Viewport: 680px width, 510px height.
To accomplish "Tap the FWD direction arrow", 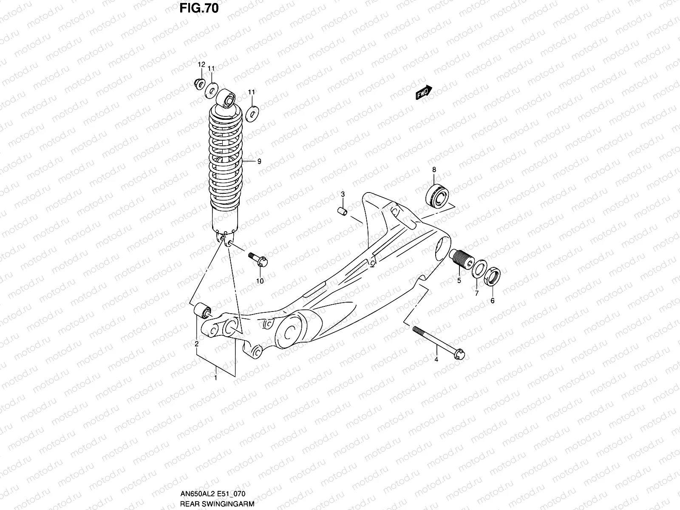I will (x=424, y=93).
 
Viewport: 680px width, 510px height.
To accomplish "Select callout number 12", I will (x=201, y=65).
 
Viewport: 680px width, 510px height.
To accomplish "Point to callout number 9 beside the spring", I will (x=259, y=161).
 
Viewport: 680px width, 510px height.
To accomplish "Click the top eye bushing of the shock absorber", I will (x=226, y=99).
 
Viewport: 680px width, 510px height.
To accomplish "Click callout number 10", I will (x=260, y=281).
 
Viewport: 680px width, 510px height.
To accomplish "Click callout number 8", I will (x=434, y=170).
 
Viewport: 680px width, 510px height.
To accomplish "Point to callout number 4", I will (x=436, y=360).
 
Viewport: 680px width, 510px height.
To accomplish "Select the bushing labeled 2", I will (x=202, y=311).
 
